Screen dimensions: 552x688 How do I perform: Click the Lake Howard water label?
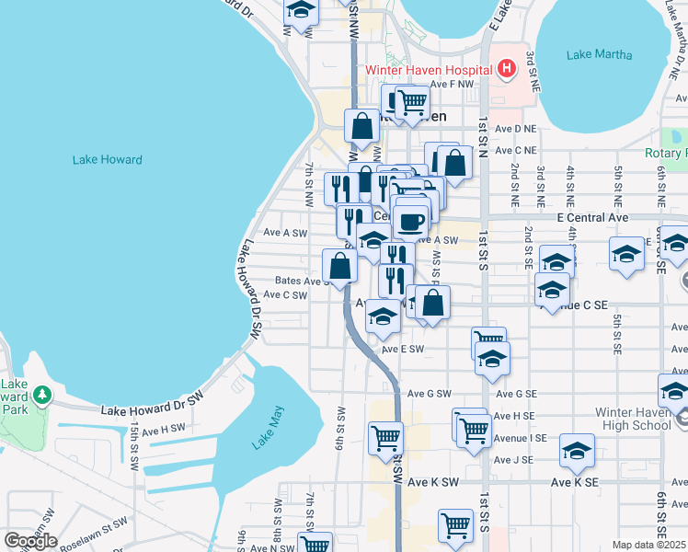coord(108,160)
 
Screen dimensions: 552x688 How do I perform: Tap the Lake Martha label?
coord(600,54)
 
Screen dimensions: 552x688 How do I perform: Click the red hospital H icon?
coord(505,68)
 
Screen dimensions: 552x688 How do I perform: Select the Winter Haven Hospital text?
coord(428,69)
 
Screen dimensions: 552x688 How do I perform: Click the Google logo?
coord(30,541)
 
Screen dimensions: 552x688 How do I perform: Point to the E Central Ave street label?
coord(592,218)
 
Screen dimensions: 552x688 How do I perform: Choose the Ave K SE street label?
coord(575,482)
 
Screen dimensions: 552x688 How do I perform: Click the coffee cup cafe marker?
coord(410,221)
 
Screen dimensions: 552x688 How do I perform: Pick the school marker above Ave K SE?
coord(578,450)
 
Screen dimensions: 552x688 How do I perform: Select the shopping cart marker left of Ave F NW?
coord(412,101)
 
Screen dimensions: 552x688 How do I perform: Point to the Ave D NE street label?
coord(515,130)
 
